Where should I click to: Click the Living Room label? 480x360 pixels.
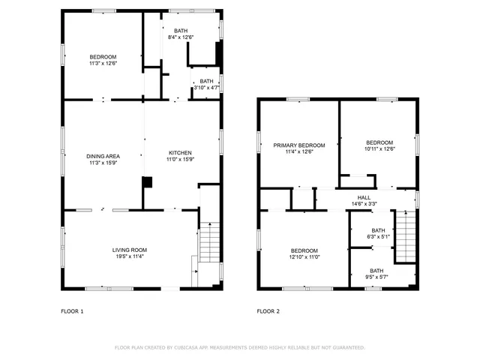pyautogui.click(x=129, y=250)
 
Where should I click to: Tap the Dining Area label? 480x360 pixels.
pyautogui.click(x=103, y=156)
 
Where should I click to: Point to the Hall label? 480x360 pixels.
pyautogui.click(x=364, y=198)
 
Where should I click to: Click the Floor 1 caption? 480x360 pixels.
pyautogui.click(x=72, y=310)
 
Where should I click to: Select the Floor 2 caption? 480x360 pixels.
pyautogui.click(x=268, y=310)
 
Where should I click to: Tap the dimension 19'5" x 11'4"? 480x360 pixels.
pyautogui.click(x=129, y=256)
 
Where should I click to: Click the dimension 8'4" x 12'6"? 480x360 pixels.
pyautogui.click(x=181, y=37)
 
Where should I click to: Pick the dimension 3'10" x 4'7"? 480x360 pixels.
pyautogui.click(x=206, y=88)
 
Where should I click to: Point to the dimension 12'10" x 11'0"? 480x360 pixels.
pyautogui.click(x=304, y=257)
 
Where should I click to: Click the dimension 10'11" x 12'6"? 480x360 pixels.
pyautogui.click(x=379, y=148)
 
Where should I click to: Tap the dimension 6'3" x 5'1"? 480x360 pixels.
pyautogui.click(x=378, y=237)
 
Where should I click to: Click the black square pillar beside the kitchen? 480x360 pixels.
pyautogui.click(x=147, y=181)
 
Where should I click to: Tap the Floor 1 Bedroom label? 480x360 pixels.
pyautogui.click(x=103, y=57)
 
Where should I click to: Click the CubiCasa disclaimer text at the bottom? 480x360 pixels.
pyautogui.click(x=239, y=347)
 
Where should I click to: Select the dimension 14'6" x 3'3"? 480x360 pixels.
pyautogui.click(x=364, y=204)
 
